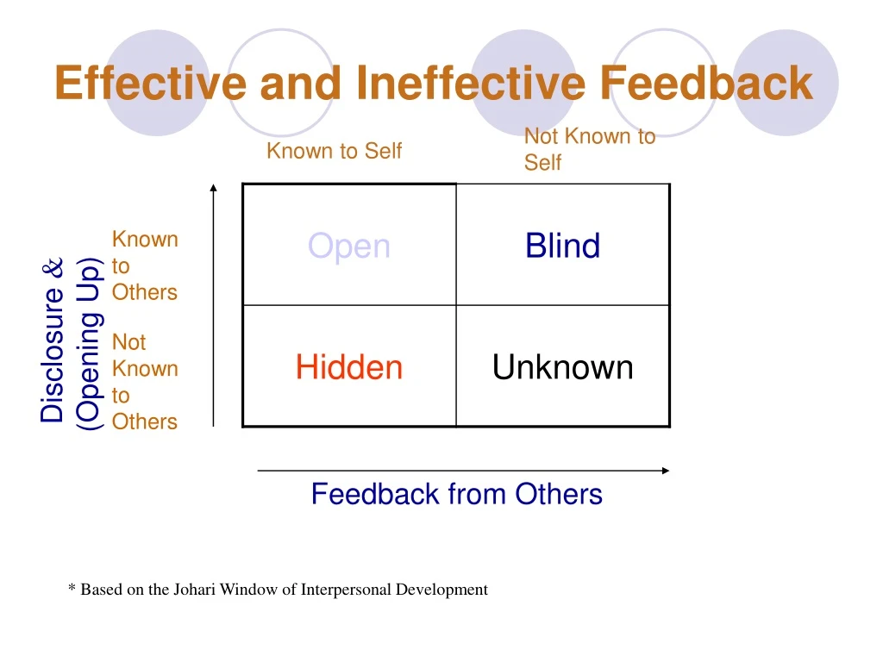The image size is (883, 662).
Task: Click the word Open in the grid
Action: (x=349, y=247)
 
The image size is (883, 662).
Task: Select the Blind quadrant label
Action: (x=562, y=247)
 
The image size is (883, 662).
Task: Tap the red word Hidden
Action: (x=349, y=368)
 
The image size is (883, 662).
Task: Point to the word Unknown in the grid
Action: (x=562, y=368)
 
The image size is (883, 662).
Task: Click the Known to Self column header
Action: (x=334, y=151)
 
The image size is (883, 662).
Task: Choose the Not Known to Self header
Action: (x=589, y=149)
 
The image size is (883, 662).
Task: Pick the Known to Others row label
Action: (x=144, y=265)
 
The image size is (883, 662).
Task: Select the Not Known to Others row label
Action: (x=144, y=382)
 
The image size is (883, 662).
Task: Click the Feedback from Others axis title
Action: (x=456, y=494)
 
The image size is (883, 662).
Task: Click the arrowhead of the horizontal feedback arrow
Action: (x=665, y=471)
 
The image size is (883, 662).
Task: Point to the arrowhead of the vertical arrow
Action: (x=213, y=186)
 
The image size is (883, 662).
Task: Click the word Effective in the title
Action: (x=150, y=84)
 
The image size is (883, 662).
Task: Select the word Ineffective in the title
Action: (x=471, y=84)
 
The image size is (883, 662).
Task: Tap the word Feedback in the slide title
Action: (x=706, y=84)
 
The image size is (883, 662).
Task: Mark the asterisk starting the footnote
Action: (x=72, y=589)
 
